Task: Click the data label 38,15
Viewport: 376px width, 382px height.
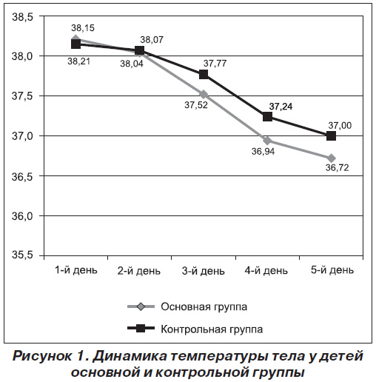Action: [83, 28]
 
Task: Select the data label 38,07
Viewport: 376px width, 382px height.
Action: [152, 40]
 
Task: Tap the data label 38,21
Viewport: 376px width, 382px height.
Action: [79, 61]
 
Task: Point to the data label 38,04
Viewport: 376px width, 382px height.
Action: [132, 64]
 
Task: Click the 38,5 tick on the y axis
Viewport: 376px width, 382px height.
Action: [22, 17]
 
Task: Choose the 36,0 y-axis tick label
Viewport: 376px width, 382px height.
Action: [22, 216]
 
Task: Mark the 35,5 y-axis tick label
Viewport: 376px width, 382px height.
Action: [22, 255]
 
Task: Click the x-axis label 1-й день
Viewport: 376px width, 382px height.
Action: [76, 270]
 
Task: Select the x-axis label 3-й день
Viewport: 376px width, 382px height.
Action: [204, 271]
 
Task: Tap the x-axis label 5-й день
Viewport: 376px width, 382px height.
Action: [332, 270]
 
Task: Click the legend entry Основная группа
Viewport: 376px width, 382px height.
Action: [204, 306]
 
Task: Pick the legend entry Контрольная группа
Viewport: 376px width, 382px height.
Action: [212, 329]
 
